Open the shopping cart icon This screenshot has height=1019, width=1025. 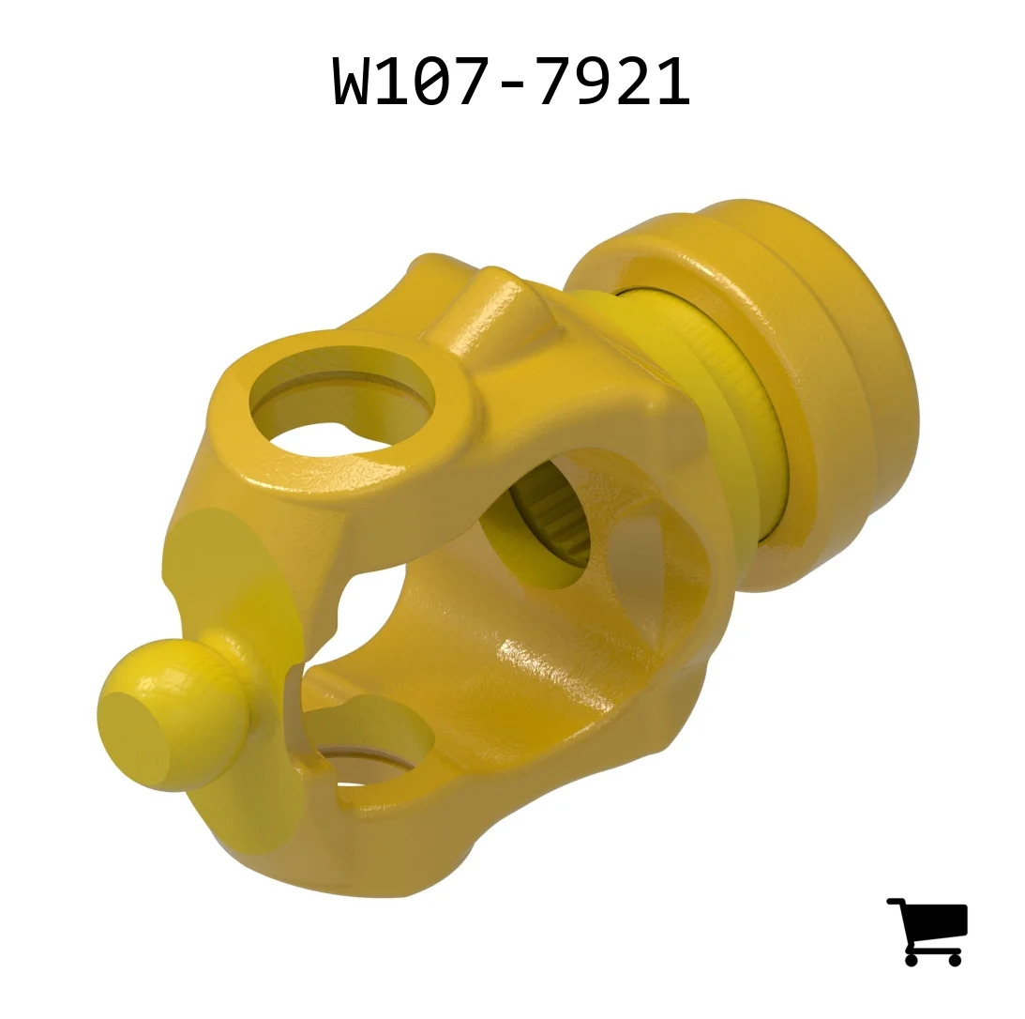(927, 931)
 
